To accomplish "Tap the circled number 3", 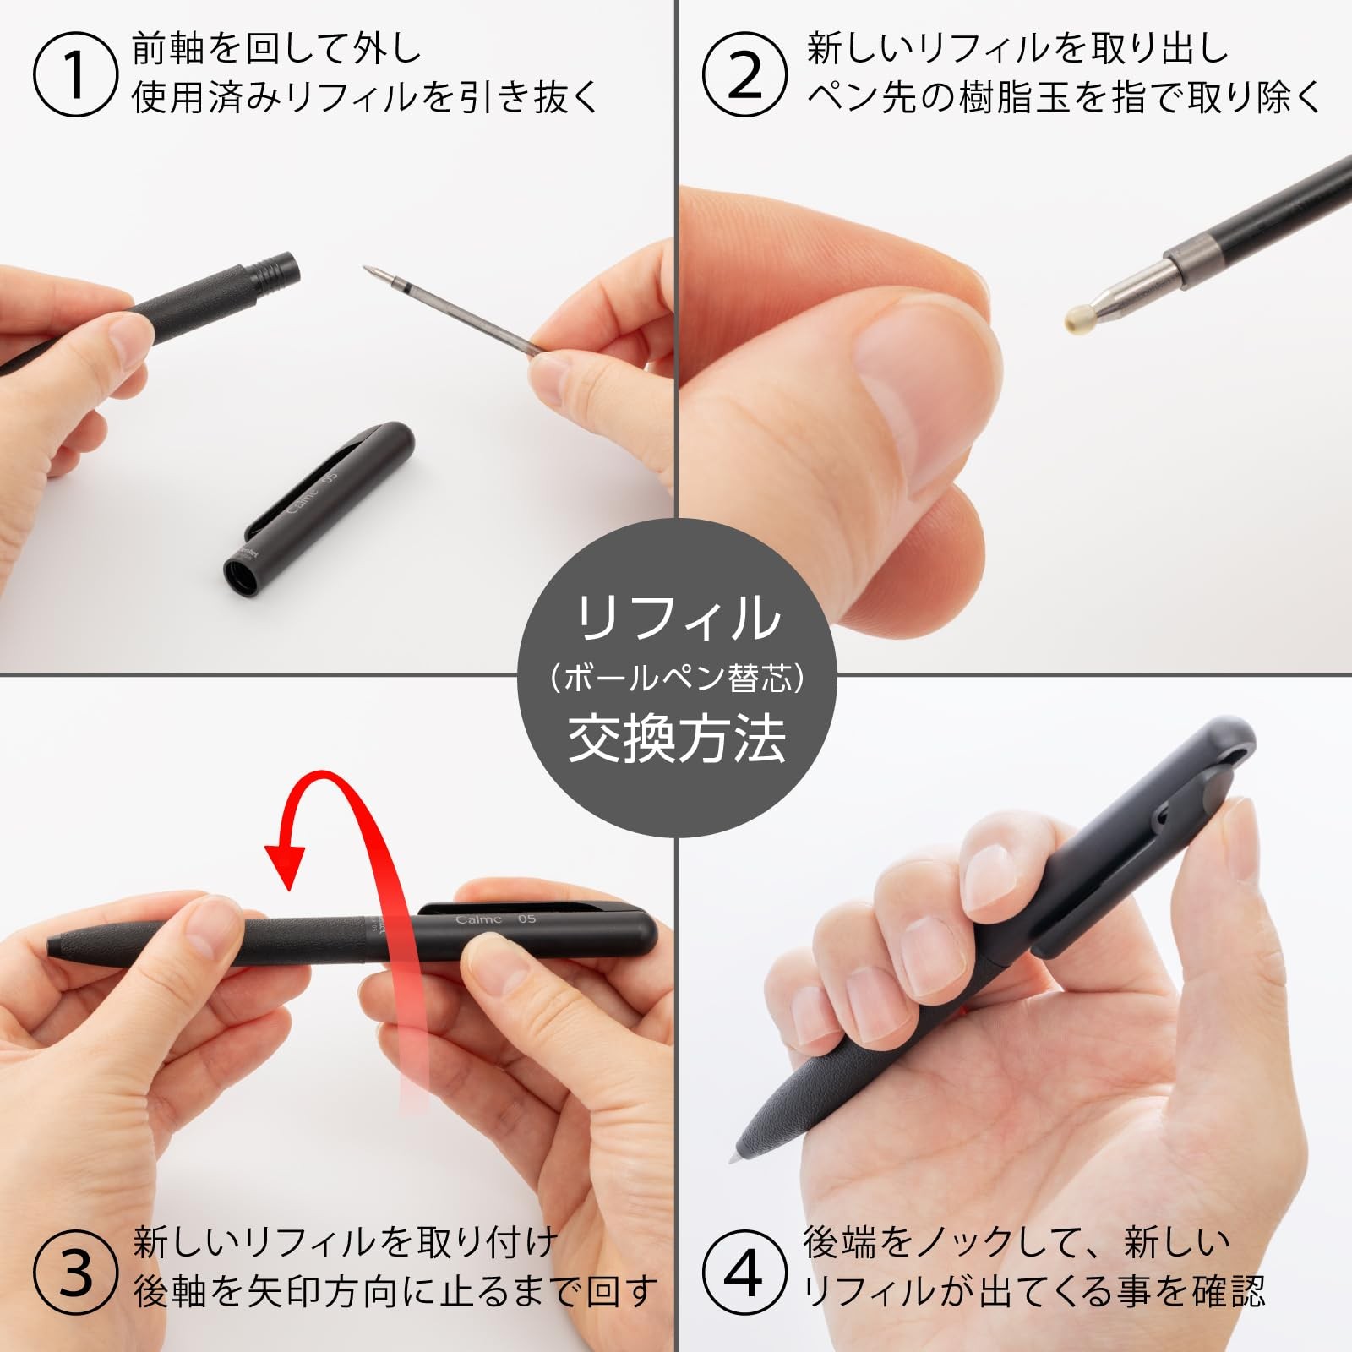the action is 74,1273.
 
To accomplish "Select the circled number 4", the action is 744,1273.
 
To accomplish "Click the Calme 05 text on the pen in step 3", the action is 495,919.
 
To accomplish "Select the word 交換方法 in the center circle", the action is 676,739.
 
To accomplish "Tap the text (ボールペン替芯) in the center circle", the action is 676,679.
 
